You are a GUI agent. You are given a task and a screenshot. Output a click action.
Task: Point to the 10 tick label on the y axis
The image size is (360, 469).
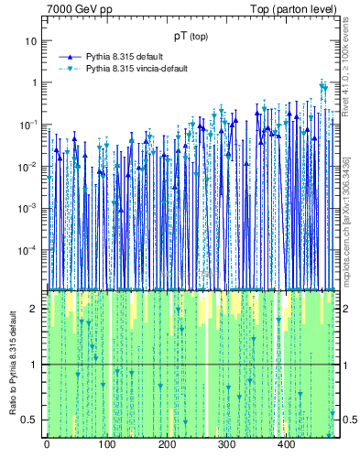[x=31, y=41]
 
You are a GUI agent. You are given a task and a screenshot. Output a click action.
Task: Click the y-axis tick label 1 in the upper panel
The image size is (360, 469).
[x=35, y=82]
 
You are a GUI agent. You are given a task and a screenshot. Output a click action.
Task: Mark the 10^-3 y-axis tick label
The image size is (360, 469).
[x=29, y=207]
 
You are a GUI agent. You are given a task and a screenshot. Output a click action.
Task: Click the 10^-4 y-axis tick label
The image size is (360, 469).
[x=29, y=249]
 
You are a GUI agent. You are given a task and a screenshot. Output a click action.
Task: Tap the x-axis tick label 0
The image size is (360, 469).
[x=47, y=445]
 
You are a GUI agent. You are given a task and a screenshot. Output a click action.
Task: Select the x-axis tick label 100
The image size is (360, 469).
[x=106, y=445]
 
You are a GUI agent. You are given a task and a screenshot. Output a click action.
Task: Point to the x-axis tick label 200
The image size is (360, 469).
[x=167, y=445]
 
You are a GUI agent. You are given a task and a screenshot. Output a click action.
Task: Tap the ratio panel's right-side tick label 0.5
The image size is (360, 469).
[x=347, y=420]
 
